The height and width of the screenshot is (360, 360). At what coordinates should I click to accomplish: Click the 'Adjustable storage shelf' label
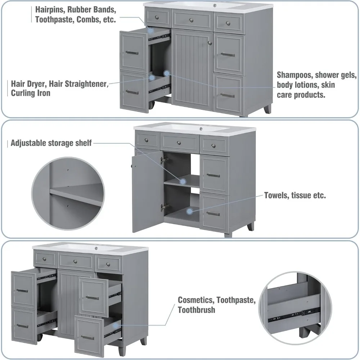tap(51, 143)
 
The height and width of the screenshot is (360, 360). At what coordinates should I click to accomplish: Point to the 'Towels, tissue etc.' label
tap(295, 195)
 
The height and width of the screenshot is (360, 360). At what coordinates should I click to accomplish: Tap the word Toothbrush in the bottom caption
tap(196, 310)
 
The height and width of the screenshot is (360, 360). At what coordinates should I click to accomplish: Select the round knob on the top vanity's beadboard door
tap(210, 43)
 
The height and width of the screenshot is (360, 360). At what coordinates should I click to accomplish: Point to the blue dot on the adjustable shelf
tap(183, 181)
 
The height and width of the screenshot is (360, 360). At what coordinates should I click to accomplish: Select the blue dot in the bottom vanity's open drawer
tap(115, 326)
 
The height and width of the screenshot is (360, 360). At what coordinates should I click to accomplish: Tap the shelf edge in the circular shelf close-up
tap(76, 198)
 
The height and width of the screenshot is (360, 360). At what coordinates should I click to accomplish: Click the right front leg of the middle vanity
tap(250, 227)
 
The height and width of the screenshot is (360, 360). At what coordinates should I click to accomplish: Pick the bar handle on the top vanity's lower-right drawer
tap(228, 95)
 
